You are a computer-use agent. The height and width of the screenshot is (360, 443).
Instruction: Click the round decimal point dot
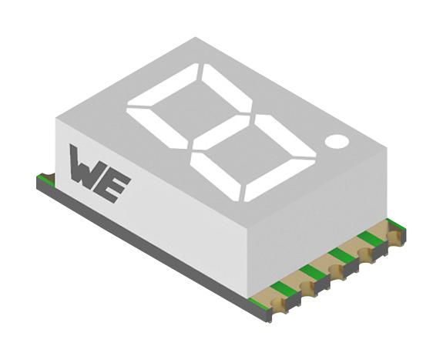(336, 142)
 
